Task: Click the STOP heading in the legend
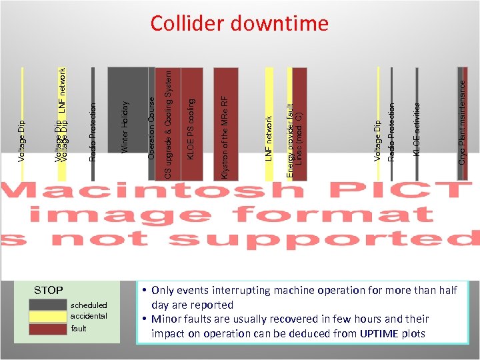49,291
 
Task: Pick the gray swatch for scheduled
48,305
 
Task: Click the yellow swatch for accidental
48,316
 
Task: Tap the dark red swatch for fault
48,328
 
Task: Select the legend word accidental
89,316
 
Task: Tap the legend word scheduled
89,305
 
